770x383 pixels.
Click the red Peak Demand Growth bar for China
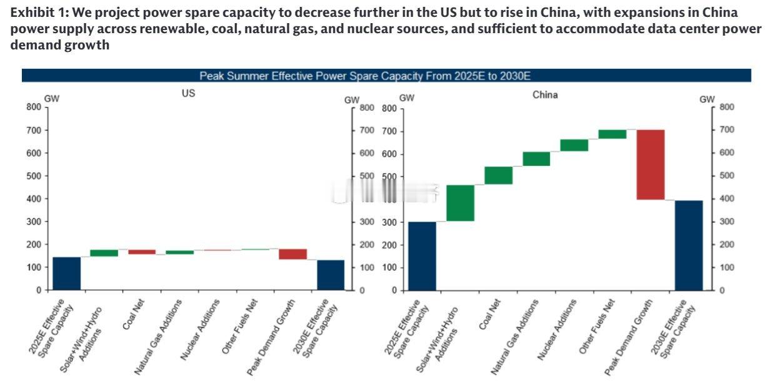[x=651, y=165]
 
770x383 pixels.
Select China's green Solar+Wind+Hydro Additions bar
[x=461, y=203]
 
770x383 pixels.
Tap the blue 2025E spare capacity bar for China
[x=422, y=256]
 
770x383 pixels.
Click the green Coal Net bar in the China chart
[x=499, y=175]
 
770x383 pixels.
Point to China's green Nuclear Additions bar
[x=574, y=145]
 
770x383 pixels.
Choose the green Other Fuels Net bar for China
[x=612, y=134]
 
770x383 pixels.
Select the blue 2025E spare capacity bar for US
[x=66, y=273]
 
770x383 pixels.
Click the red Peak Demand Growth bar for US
[x=292, y=254]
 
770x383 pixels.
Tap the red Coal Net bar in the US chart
[x=142, y=252]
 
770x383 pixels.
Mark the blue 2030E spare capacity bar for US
[x=331, y=275]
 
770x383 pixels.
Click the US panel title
[x=188, y=93]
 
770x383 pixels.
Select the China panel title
[x=546, y=95]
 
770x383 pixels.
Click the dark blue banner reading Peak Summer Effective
[x=386, y=76]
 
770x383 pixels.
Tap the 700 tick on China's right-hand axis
[x=727, y=130]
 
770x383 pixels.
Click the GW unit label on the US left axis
[x=52, y=98]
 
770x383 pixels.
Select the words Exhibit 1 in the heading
[x=34, y=13]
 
